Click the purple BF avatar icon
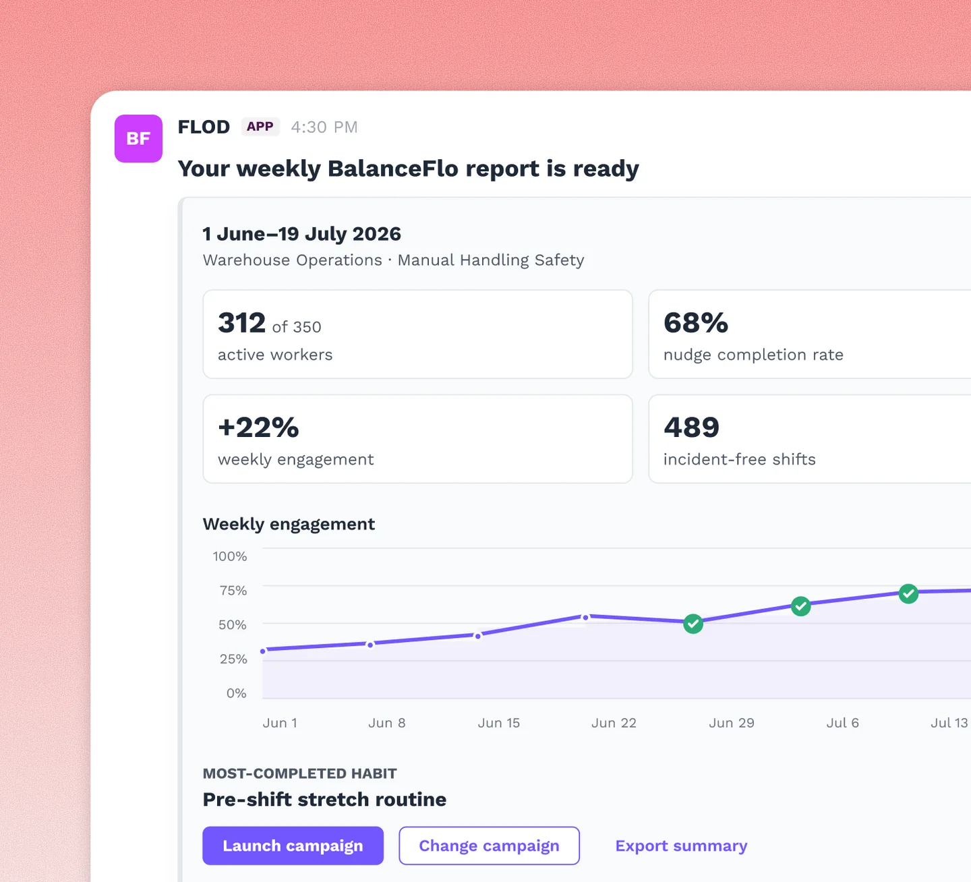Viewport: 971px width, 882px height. click(x=138, y=138)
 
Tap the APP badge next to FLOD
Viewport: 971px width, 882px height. click(x=260, y=127)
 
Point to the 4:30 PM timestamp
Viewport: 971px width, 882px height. click(x=324, y=127)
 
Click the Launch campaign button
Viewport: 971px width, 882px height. click(x=293, y=846)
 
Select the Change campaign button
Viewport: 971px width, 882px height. click(x=489, y=846)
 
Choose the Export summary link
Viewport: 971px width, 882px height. click(x=681, y=846)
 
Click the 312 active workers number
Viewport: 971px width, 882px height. click(x=241, y=323)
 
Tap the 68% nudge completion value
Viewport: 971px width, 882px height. click(x=696, y=323)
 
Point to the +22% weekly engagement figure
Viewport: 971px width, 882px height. click(x=258, y=428)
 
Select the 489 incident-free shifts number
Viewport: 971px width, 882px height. click(x=691, y=428)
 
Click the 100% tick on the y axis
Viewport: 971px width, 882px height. click(x=230, y=556)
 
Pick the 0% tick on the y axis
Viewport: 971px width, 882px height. click(x=236, y=693)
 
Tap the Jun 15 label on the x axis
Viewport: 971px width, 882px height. click(x=498, y=723)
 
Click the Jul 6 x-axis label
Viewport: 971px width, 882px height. click(x=842, y=723)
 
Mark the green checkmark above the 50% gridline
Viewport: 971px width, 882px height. click(x=693, y=624)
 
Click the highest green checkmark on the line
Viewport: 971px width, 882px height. click(x=908, y=593)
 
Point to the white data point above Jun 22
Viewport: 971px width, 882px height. click(x=586, y=617)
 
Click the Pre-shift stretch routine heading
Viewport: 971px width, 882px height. click(x=324, y=800)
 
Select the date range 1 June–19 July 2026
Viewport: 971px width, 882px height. click(x=301, y=234)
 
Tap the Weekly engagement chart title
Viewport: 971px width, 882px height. click(x=289, y=524)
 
